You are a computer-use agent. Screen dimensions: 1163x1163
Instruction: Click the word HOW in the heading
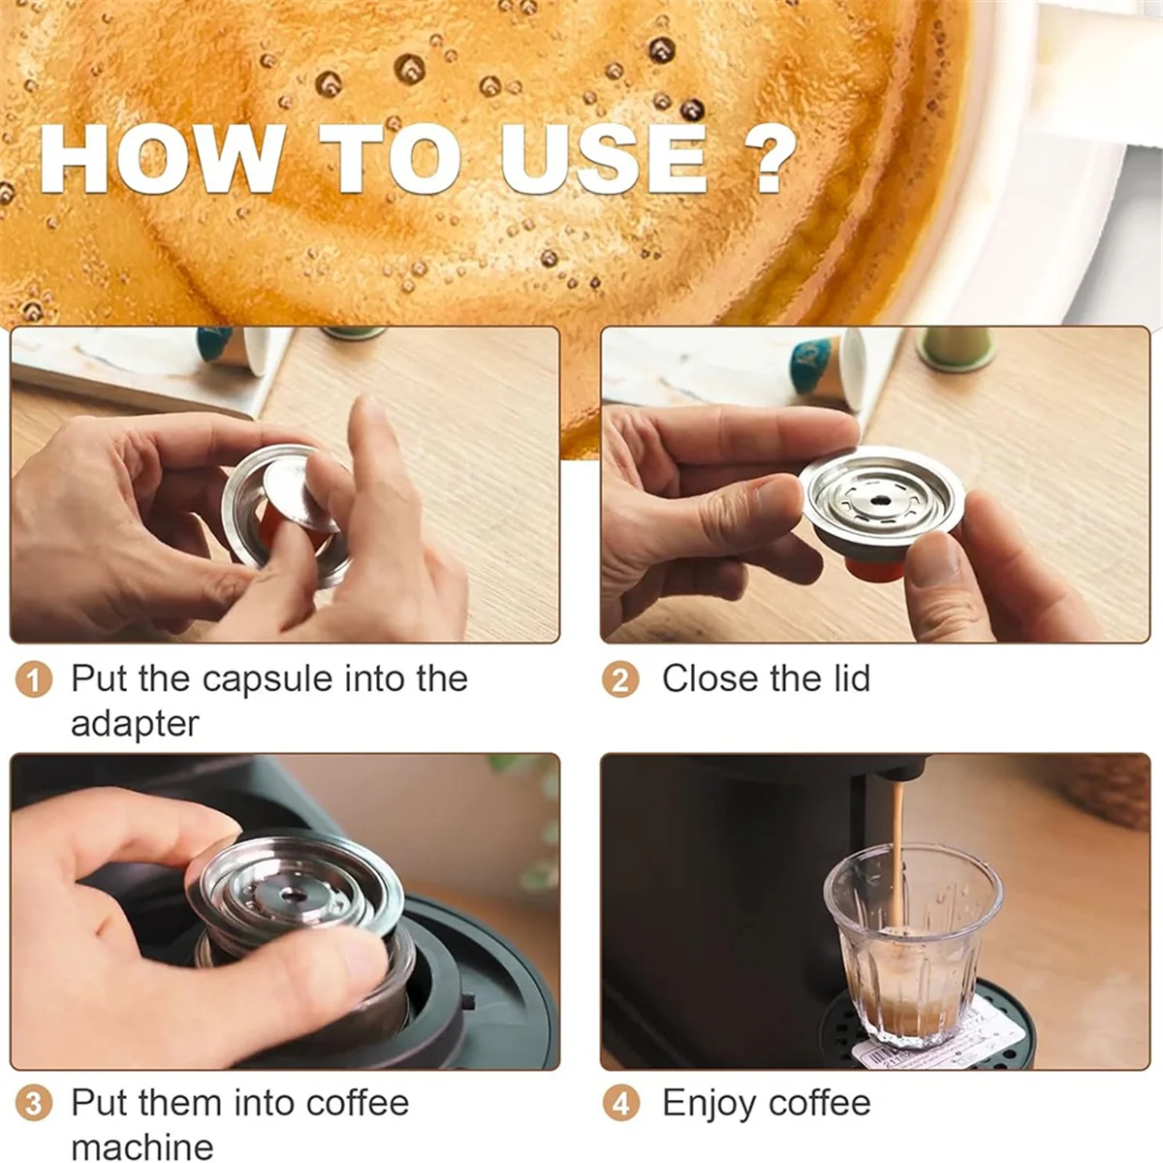160,159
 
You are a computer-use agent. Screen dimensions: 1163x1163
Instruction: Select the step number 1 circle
34,680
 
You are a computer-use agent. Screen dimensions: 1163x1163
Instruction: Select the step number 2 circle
620,680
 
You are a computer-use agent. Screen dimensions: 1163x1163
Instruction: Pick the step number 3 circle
34,1104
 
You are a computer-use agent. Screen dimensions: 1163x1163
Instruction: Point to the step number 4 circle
620,1104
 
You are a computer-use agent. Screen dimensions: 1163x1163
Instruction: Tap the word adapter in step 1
135,724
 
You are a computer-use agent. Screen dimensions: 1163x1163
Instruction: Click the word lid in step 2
848,678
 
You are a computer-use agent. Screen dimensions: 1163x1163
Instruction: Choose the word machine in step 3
141,1147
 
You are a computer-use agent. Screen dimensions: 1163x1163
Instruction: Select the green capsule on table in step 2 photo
955,349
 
